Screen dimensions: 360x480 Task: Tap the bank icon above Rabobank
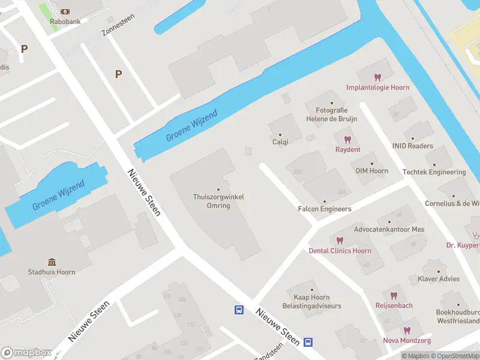[x=65, y=11]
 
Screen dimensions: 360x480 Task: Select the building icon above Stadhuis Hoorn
[x=52, y=262]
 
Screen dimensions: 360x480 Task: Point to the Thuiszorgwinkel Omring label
[x=218, y=201]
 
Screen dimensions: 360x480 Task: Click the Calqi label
[x=280, y=142]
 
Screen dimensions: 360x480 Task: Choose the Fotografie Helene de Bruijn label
[x=331, y=115]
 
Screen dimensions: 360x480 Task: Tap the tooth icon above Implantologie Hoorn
[x=377, y=77]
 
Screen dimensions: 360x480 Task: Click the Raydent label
[x=347, y=149]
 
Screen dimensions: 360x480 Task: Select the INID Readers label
[x=412, y=146]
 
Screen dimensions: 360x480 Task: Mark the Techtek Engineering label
[x=434, y=172]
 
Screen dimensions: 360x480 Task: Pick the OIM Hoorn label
[x=371, y=171]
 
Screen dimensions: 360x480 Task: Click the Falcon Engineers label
[x=325, y=209]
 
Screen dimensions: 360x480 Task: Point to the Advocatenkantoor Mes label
[x=389, y=229]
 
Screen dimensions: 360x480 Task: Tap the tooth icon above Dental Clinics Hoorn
[x=340, y=241]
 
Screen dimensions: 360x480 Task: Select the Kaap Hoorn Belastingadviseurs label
[x=312, y=302]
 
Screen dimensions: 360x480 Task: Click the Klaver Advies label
[x=439, y=279]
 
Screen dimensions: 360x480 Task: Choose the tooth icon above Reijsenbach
[x=394, y=295]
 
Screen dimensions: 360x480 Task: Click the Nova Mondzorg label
[x=406, y=341]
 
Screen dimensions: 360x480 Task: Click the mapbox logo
[x=25, y=352]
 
